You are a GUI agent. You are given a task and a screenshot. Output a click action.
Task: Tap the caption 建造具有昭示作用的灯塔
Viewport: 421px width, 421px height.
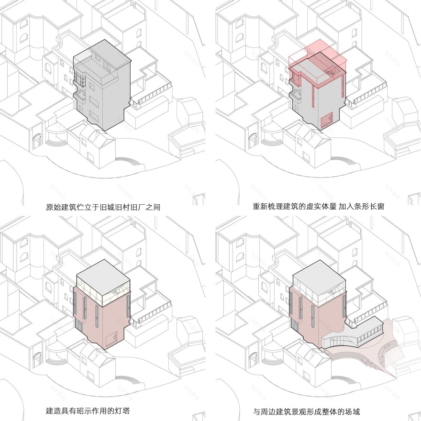pos(88,411)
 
